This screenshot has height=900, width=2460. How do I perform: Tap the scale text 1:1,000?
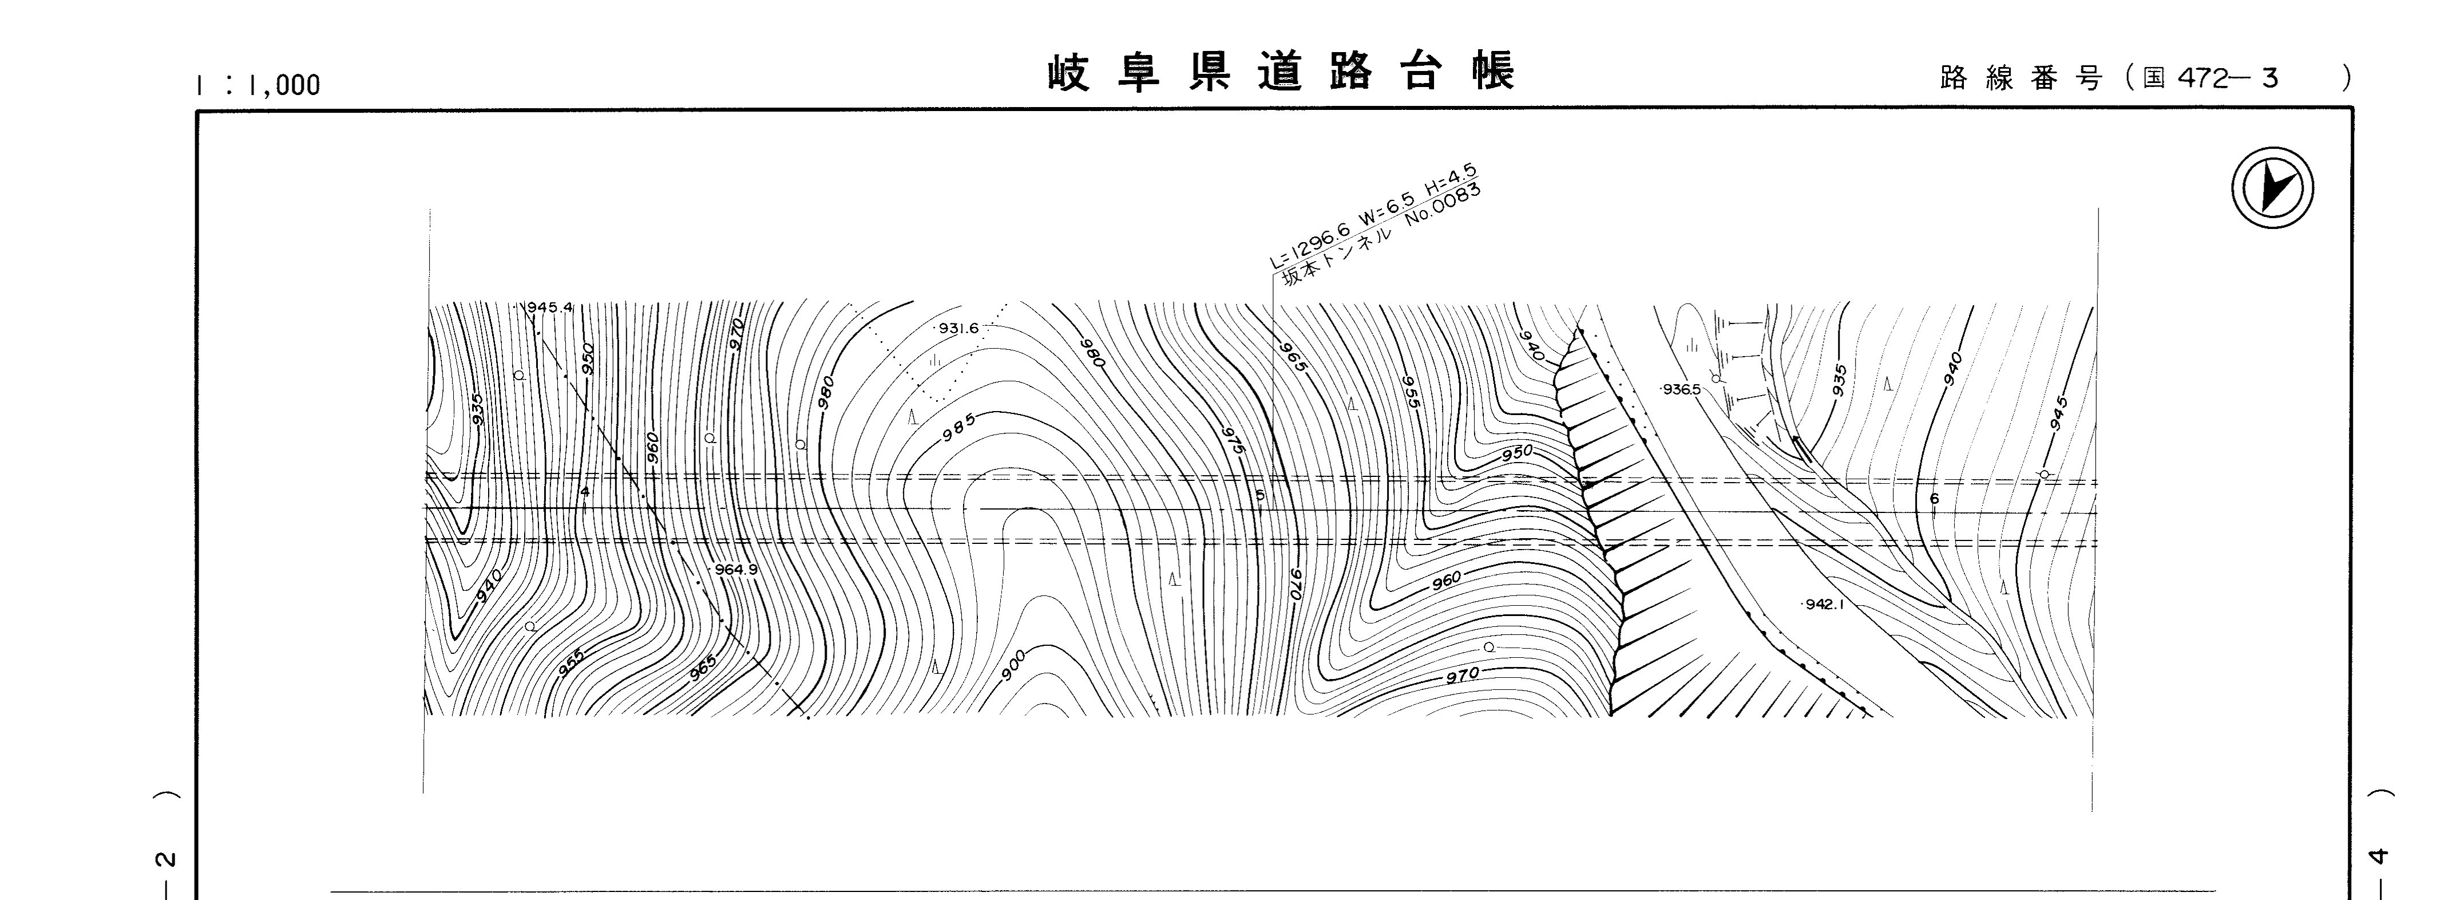click(258, 85)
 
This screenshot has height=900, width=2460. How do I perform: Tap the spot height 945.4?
click(550, 307)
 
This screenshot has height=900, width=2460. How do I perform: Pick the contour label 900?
click(1014, 665)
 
